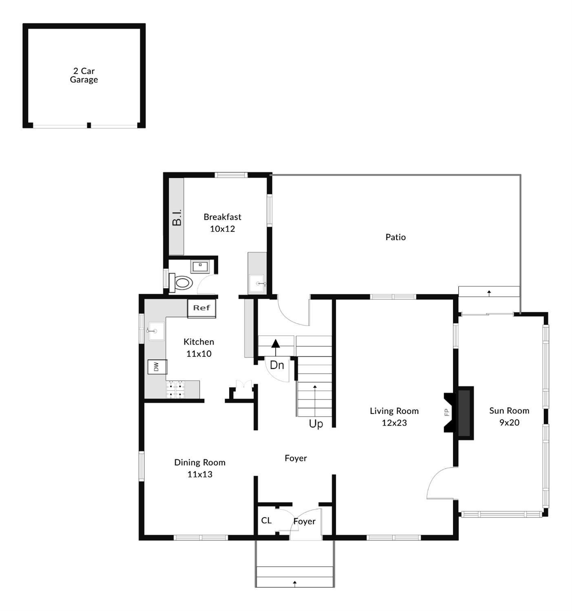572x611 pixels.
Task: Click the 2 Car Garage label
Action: click(x=84, y=75)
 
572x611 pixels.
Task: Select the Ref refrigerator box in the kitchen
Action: click(x=202, y=308)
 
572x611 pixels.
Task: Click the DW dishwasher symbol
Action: click(x=157, y=367)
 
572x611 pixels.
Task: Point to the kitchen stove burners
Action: click(x=175, y=390)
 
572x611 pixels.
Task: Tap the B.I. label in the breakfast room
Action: click(x=177, y=218)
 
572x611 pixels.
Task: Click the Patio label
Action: click(x=395, y=237)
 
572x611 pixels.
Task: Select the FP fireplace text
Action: click(x=447, y=412)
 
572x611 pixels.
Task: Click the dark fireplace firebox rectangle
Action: click(x=464, y=413)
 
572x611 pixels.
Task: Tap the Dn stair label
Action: click(x=277, y=365)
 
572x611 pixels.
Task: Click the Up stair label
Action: click(x=316, y=424)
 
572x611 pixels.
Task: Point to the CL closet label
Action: click(x=266, y=521)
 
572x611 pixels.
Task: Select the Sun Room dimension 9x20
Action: click(x=509, y=423)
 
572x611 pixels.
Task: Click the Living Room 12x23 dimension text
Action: click(x=394, y=423)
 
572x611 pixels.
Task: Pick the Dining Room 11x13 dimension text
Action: click(x=200, y=474)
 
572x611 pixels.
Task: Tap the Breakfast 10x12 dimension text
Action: click(x=222, y=229)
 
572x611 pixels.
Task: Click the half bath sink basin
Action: click(x=200, y=267)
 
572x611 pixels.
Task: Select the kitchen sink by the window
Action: click(x=157, y=331)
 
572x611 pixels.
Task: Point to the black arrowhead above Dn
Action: click(x=276, y=343)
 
